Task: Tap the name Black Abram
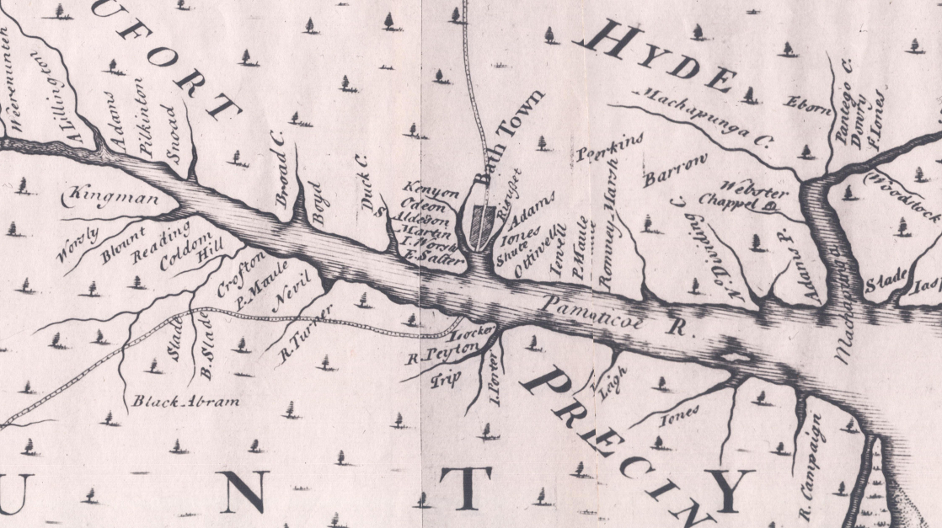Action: [185, 401]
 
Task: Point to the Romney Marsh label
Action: [612, 250]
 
